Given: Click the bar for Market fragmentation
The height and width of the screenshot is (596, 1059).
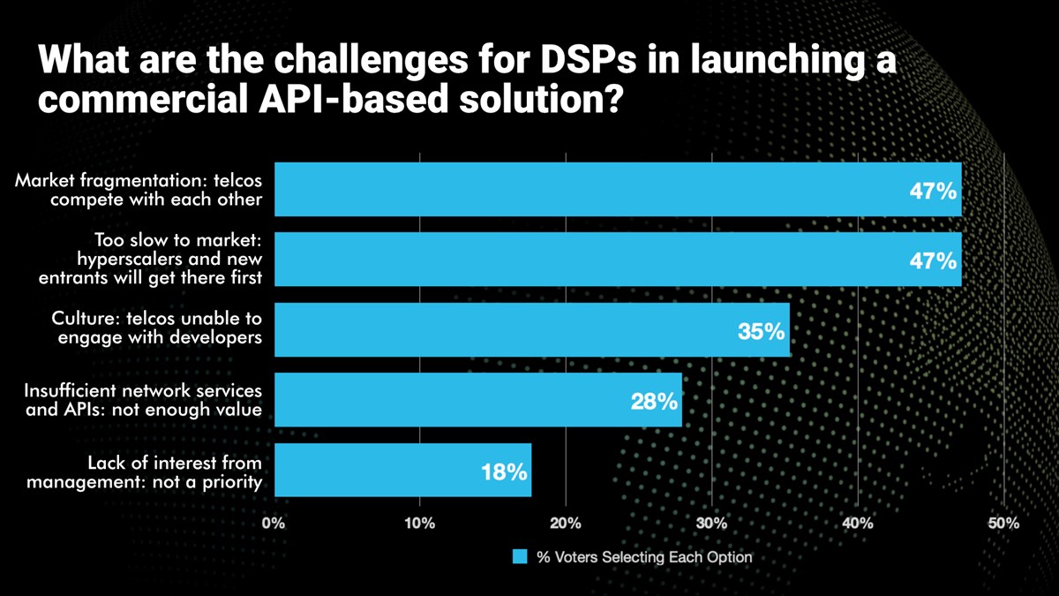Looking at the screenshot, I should coord(618,189).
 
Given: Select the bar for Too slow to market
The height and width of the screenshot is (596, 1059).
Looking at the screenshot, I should coord(618,260).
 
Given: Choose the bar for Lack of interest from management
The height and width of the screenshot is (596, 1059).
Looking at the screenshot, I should coord(402,470).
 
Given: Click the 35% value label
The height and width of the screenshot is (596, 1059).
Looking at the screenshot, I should coord(761,332).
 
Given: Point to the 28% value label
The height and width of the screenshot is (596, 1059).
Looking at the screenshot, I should coord(654,402).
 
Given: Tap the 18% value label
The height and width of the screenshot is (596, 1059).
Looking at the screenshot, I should coord(504,472).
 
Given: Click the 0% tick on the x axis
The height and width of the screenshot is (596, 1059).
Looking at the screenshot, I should coord(274,523).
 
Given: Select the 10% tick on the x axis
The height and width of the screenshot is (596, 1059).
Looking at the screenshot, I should coord(419,523).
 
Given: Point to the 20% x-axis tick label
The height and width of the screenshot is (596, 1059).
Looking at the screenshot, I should coord(566,523).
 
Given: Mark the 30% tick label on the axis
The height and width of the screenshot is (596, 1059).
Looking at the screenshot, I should coord(711,523).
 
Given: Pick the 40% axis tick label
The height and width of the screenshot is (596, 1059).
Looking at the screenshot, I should coord(858,523).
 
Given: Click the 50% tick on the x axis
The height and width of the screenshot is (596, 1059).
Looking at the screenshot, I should coord(1003,523).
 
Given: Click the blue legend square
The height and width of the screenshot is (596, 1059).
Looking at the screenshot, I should coord(521,557).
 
